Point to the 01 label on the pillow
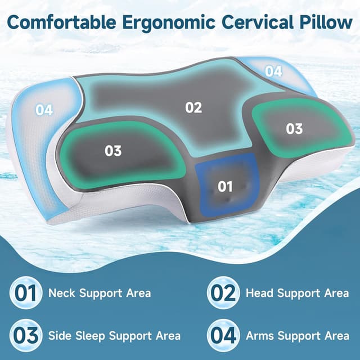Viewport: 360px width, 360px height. point(225,186)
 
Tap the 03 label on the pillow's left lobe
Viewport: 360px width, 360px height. point(113,151)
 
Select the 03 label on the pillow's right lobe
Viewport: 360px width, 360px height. point(294,129)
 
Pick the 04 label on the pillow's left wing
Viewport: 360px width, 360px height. point(44,110)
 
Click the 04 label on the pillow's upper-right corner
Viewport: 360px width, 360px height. point(273,71)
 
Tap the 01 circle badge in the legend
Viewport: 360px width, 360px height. point(25,293)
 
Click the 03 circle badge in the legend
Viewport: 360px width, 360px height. point(25,335)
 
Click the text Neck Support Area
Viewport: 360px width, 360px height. point(100,293)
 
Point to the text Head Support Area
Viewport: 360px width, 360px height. point(297,293)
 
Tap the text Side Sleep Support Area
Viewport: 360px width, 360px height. point(114,336)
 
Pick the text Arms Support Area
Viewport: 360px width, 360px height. point(298,336)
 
